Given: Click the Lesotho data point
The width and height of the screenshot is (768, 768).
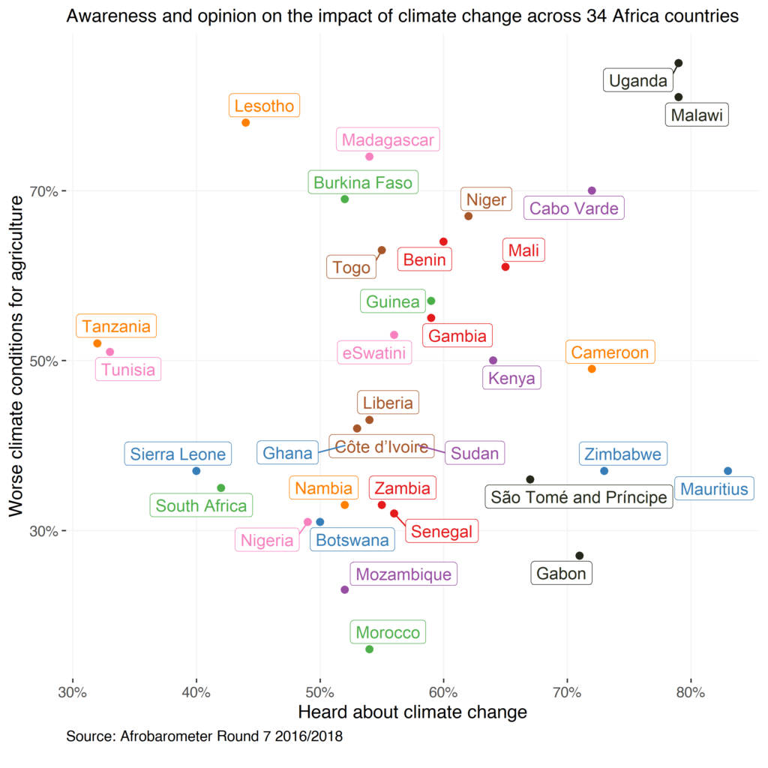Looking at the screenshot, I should coord(245,122).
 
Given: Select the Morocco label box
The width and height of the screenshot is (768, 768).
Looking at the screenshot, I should coord(388,633).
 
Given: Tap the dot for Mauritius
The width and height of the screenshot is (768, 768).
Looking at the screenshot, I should coord(727,471).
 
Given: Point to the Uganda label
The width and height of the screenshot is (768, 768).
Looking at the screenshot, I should coord(637,81).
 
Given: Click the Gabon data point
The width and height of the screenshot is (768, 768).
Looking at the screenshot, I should coord(579,556).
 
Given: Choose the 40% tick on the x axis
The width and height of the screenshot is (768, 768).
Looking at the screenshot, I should coord(196,691).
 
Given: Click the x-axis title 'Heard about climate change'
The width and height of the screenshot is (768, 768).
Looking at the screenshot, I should coord(412,712).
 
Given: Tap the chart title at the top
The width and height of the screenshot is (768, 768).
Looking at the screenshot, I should coord(403,16).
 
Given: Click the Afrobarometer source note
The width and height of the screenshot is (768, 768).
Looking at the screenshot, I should coord(204,736).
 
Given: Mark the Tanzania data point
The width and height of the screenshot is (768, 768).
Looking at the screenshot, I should coord(97,343).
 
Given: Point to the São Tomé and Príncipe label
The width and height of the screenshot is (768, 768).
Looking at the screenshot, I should coord(578,497).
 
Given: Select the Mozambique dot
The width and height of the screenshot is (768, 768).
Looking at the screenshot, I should coord(345,589).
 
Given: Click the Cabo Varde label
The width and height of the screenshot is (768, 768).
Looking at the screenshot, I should coord(574,208).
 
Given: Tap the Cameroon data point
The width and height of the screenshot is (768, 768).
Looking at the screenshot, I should coord(592,369).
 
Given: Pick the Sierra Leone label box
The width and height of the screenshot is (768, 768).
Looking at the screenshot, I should coord(178,454).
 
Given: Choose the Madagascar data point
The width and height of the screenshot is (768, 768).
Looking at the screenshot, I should coord(369,157).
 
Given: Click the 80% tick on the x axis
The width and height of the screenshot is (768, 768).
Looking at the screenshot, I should coord(691,691).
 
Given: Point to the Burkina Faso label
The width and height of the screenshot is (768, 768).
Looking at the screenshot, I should coord(363,183).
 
